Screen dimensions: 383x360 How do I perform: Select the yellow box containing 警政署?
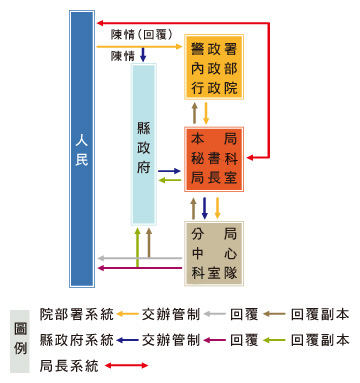tap(215, 67)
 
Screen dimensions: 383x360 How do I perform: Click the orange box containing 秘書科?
tap(215, 158)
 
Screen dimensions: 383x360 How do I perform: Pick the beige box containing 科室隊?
tap(215, 254)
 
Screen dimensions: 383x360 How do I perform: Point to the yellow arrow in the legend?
tap(127, 313)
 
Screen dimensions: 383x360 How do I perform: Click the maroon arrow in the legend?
tap(215, 340)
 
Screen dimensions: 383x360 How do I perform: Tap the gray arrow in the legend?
tap(215, 313)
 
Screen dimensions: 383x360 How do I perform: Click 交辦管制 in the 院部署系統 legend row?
tap(171, 313)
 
